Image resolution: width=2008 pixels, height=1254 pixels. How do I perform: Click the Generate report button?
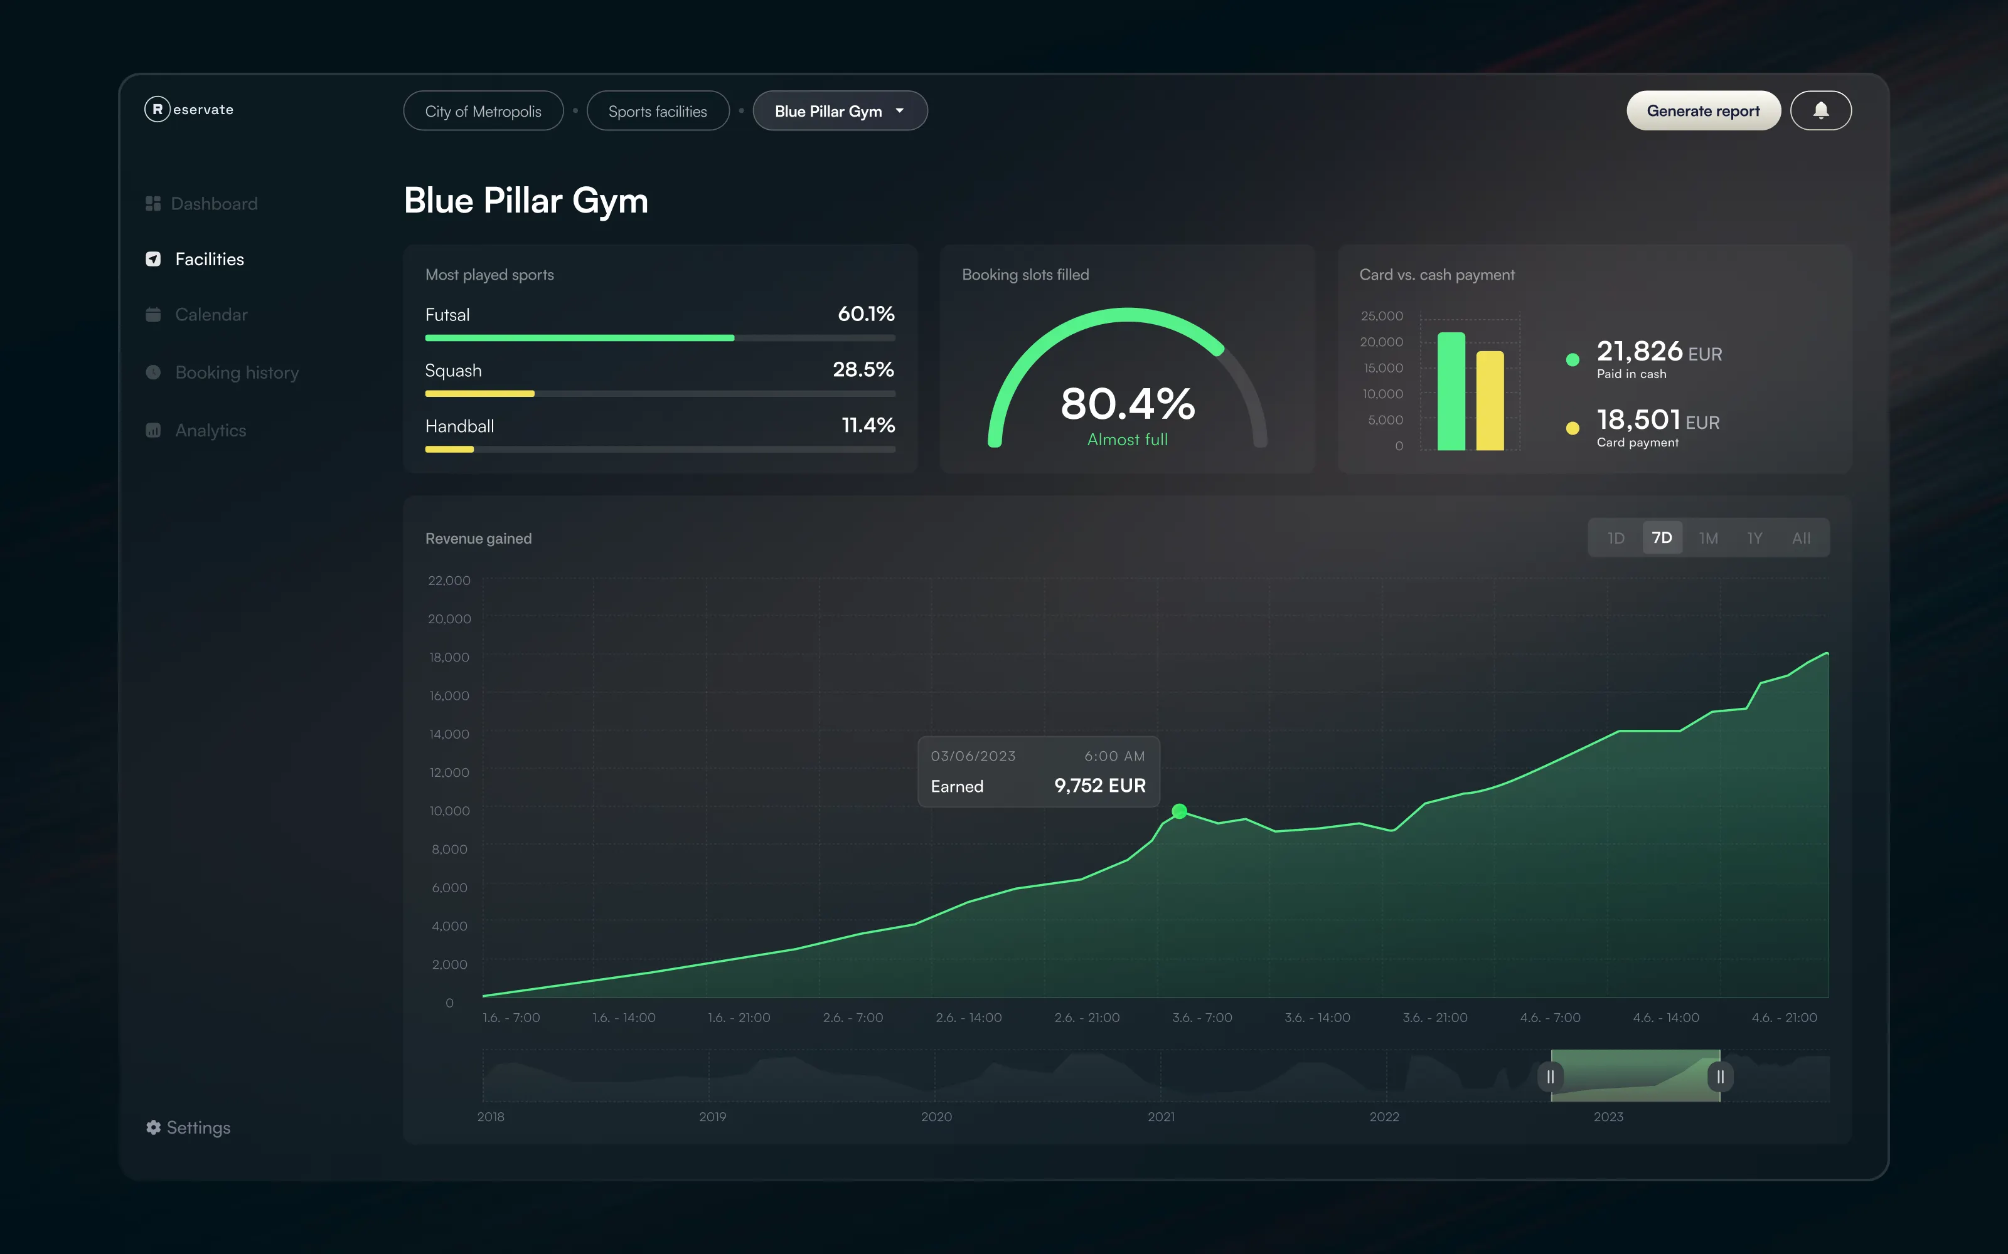(x=1702, y=111)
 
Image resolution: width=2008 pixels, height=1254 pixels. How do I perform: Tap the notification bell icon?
(x=1820, y=110)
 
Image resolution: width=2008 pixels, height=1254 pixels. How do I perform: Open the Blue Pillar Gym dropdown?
(x=840, y=111)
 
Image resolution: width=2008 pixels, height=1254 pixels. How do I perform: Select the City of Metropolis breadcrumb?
(x=483, y=111)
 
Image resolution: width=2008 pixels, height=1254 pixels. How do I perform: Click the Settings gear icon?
(x=154, y=1127)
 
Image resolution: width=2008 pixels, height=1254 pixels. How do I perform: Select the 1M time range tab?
(x=1707, y=538)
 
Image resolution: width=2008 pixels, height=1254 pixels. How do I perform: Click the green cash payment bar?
(x=1451, y=391)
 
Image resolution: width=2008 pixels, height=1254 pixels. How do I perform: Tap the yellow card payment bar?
(x=1490, y=401)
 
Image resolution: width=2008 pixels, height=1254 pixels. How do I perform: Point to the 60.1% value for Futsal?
(x=866, y=313)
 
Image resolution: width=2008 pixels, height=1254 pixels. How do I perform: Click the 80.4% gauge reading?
(x=1128, y=404)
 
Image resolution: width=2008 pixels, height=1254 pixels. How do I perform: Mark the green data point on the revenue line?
(x=1179, y=811)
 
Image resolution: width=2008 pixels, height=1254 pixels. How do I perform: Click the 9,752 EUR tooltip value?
(x=1099, y=786)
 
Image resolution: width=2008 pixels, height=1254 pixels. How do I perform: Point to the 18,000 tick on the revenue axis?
(x=449, y=657)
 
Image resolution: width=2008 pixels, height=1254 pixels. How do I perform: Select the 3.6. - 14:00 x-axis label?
(x=1317, y=1018)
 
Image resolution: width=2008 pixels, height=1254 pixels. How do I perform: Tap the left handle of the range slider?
(x=1550, y=1077)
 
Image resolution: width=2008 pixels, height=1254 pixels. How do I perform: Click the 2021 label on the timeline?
(x=1161, y=1116)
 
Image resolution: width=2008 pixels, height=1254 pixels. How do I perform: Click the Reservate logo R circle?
(x=158, y=108)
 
